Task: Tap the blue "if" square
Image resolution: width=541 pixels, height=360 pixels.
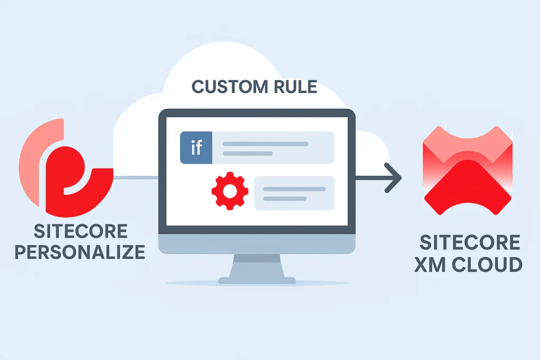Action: pos(196,147)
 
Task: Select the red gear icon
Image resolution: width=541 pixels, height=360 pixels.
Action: pos(229,193)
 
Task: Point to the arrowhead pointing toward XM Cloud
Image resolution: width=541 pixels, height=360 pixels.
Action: pos(393,178)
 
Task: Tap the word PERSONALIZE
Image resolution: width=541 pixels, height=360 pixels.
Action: pos(79,252)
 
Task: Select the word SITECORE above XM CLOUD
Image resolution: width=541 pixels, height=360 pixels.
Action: pos(470,243)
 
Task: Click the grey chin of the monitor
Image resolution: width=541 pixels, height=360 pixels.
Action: pos(257,244)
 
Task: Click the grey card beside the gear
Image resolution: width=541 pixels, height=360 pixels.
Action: pos(294,193)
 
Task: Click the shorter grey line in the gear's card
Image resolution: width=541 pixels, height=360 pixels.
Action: pos(285,198)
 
